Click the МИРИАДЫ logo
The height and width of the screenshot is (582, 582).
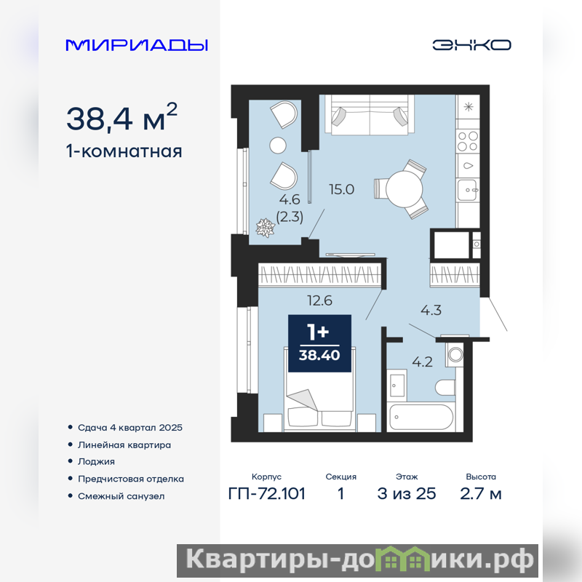(137, 45)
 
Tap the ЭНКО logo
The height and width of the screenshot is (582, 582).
(471, 45)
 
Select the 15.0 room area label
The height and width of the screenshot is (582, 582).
(341, 189)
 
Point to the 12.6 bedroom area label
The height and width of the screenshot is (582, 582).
(319, 300)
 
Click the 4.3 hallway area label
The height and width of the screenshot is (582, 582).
(431, 310)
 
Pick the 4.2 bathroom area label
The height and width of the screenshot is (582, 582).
(423, 362)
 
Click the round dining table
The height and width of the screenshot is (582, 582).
(404, 189)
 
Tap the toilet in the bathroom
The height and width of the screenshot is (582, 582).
(445, 388)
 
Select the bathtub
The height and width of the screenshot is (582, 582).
(421, 417)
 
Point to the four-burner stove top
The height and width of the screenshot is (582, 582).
(468, 141)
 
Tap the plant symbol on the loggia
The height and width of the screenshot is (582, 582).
(266, 228)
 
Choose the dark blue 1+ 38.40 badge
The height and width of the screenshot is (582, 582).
(319, 343)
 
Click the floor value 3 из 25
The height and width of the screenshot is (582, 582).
(407, 494)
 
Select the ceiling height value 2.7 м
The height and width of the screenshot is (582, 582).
(481, 494)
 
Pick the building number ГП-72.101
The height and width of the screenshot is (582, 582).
(267, 494)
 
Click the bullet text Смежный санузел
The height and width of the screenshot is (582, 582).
(121, 496)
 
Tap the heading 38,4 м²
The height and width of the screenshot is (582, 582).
(121, 117)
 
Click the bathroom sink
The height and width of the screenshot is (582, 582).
(397, 386)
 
